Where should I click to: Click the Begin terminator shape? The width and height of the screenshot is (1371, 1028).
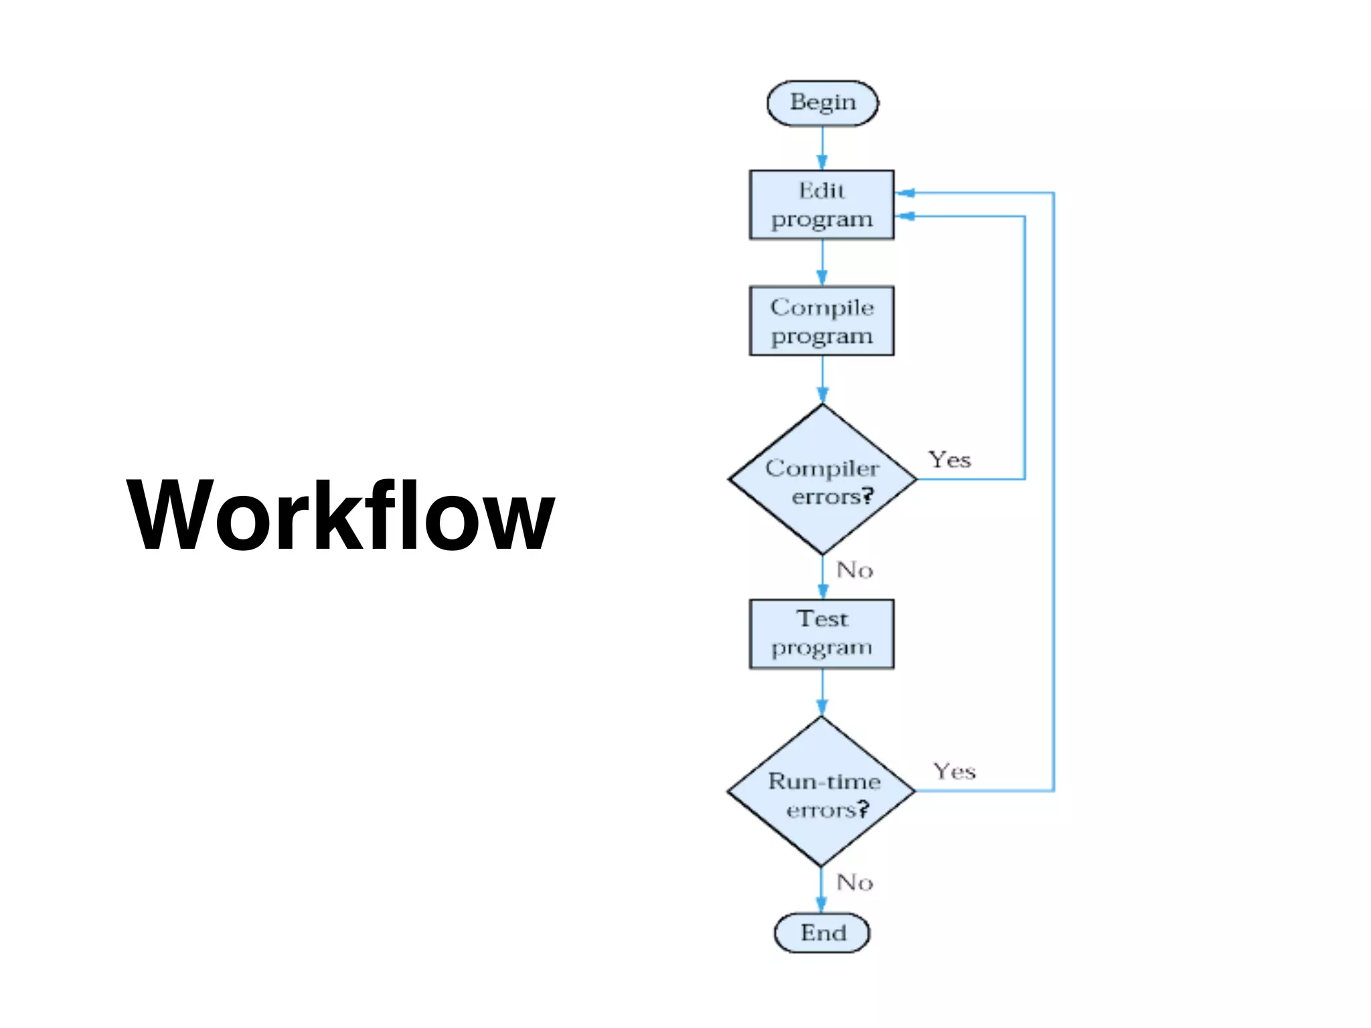(822, 103)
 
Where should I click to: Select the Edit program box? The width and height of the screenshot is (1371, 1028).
(821, 205)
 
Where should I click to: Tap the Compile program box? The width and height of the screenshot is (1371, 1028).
(821, 321)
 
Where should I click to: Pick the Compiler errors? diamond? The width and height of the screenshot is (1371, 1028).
(822, 480)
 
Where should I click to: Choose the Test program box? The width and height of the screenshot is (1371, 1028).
(821, 634)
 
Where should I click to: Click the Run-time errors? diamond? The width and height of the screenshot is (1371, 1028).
(821, 792)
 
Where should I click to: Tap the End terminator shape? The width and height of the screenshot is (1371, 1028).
(822, 932)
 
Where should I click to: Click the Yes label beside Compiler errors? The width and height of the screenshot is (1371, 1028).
(949, 460)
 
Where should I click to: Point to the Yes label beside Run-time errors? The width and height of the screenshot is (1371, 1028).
(955, 771)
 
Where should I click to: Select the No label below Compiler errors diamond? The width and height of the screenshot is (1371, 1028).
(855, 570)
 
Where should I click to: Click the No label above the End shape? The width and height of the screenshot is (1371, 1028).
(855, 882)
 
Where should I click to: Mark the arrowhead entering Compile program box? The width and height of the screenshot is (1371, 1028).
(822, 278)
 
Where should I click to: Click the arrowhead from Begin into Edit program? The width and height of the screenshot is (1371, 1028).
(822, 162)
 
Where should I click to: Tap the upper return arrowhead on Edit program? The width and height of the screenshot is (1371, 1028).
(905, 193)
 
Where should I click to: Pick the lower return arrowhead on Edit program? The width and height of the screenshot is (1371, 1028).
(905, 216)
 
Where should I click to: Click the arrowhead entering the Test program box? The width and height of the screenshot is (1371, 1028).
(823, 591)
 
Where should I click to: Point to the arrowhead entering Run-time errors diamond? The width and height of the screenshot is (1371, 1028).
(822, 707)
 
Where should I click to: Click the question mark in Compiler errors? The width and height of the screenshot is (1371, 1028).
(868, 495)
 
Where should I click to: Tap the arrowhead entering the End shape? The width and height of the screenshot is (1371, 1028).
(821, 905)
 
